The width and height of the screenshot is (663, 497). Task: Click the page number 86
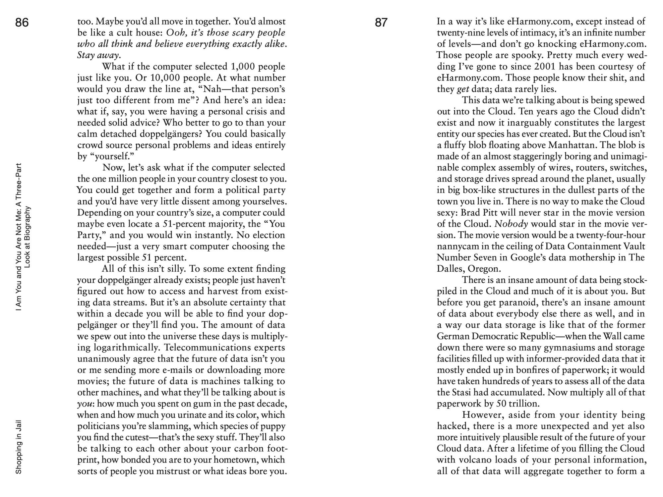pyautogui.click(x=22, y=23)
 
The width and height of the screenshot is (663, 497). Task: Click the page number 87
pyautogui.click(x=381, y=23)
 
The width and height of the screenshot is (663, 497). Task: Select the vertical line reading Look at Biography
pyautogui.click(x=28, y=237)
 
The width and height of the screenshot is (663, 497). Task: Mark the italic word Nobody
pyautogui.click(x=511, y=224)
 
